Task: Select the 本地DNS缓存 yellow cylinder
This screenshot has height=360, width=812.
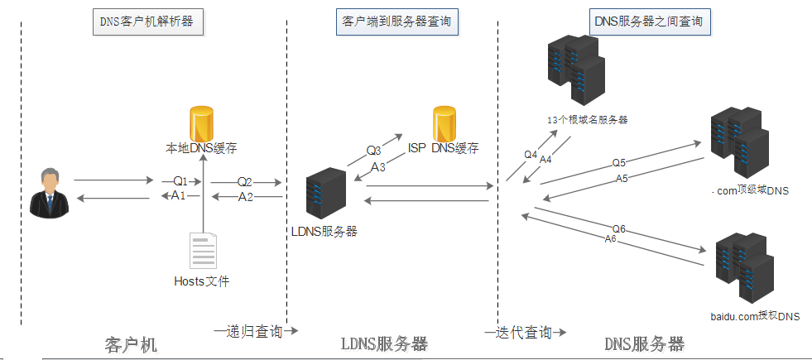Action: point(202,124)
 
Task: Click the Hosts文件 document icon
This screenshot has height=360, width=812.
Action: point(203,252)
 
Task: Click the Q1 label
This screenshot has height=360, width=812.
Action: point(180,180)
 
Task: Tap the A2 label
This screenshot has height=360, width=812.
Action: point(246,197)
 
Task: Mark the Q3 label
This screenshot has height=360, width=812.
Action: point(374,151)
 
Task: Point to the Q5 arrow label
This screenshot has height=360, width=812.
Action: point(619,162)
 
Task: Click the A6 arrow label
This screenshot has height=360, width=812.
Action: point(611,238)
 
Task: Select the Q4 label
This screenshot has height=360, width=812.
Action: point(531,154)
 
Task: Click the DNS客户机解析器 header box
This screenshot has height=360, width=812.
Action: point(147,22)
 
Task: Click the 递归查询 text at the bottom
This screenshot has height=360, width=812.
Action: point(254,332)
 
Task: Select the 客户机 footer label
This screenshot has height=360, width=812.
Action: point(131,343)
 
